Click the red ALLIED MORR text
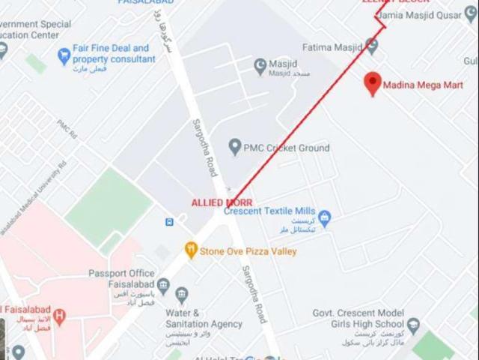[222, 202]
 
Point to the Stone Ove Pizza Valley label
[248, 251]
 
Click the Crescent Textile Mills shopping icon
[325, 218]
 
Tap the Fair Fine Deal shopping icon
[64, 55]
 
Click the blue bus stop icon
[170, 221]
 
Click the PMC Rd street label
[67, 129]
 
